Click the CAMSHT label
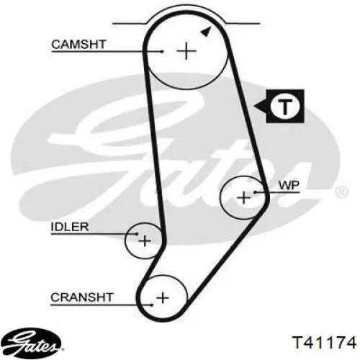tap(78, 45)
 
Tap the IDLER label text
tap(70, 227)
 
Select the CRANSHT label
tap(82, 297)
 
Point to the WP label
tap(289, 185)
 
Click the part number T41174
tap(324, 343)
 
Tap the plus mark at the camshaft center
tap(186, 51)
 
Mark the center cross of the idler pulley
tap(145, 240)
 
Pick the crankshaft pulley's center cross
tap(163, 298)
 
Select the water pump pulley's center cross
tap(244, 198)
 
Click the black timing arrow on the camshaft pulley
tap(206, 32)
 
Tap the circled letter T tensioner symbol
tap(285, 107)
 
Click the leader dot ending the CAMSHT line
tap(163, 51)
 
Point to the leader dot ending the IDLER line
tap(137, 234)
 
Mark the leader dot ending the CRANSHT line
tap(152, 305)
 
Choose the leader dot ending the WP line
tap(256, 192)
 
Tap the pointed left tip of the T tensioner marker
tap(254, 106)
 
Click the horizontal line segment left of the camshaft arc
tap(129, 24)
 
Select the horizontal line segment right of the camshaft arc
tap(243, 24)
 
